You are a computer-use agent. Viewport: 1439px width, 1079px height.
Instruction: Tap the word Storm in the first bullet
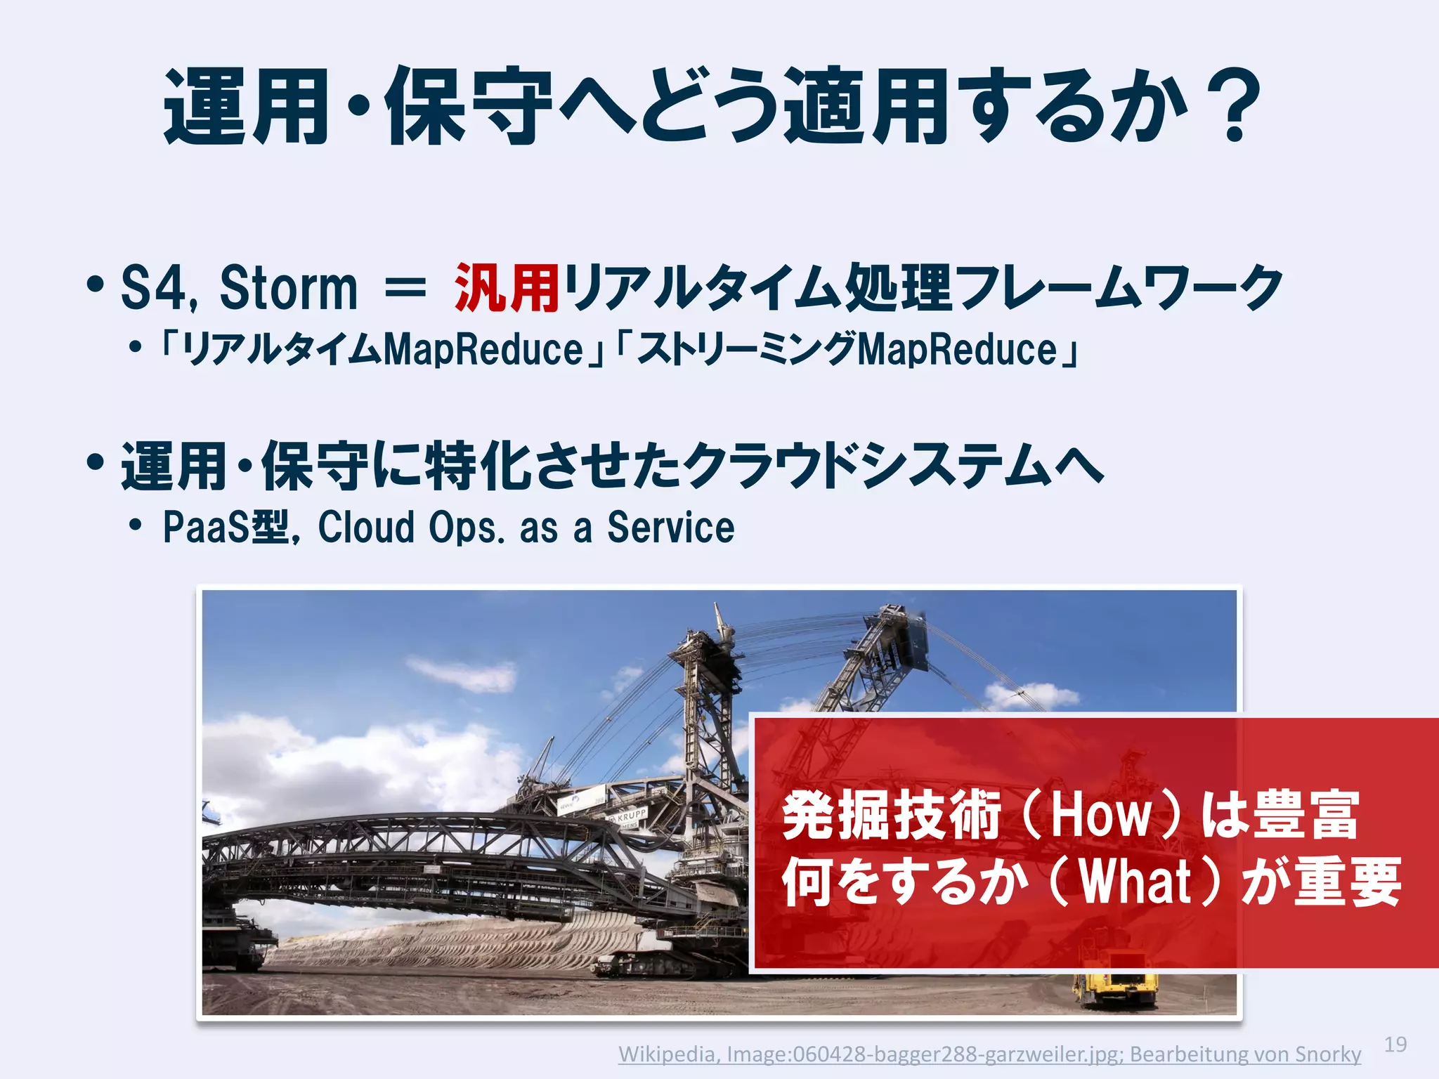pos(288,288)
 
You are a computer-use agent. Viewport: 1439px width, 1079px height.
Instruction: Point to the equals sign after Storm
pos(405,288)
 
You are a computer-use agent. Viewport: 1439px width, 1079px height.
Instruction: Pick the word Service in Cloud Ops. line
pos(671,528)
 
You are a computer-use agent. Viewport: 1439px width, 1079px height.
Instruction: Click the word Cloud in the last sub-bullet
pos(365,528)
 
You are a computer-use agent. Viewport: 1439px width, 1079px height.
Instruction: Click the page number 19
pos(1395,1045)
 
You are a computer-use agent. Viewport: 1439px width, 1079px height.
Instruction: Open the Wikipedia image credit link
pos(989,1054)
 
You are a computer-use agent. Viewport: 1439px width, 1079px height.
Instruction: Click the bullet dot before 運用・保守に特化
pos(96,464)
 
